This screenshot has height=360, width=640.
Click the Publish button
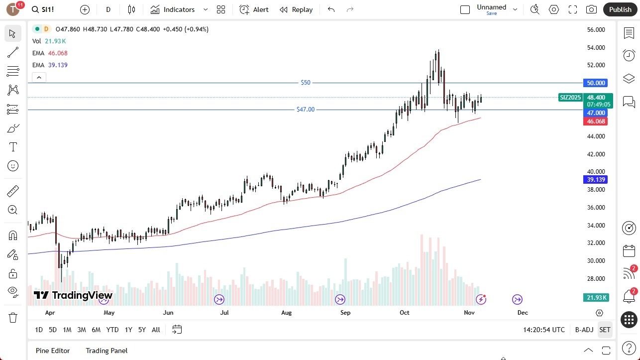620,9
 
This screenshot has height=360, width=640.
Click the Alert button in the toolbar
254,9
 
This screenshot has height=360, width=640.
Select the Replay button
296,9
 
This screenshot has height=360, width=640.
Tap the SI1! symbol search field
50,9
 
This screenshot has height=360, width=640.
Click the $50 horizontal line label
306,83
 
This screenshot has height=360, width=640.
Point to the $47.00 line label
306,110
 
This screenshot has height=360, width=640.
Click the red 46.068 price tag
596,121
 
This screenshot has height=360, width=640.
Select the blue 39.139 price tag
596,180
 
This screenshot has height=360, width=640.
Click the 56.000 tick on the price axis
596,30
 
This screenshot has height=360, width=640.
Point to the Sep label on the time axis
345,313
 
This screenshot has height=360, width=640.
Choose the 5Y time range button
142,330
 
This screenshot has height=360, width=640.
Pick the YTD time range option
112,330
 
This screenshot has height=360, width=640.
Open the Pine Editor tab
53,351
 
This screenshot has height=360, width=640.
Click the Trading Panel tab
107,351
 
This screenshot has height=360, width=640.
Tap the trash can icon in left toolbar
13,318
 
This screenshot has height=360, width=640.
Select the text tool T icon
13,147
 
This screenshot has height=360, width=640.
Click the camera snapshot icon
591,9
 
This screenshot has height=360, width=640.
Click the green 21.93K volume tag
596,297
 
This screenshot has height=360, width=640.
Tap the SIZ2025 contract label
570,98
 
